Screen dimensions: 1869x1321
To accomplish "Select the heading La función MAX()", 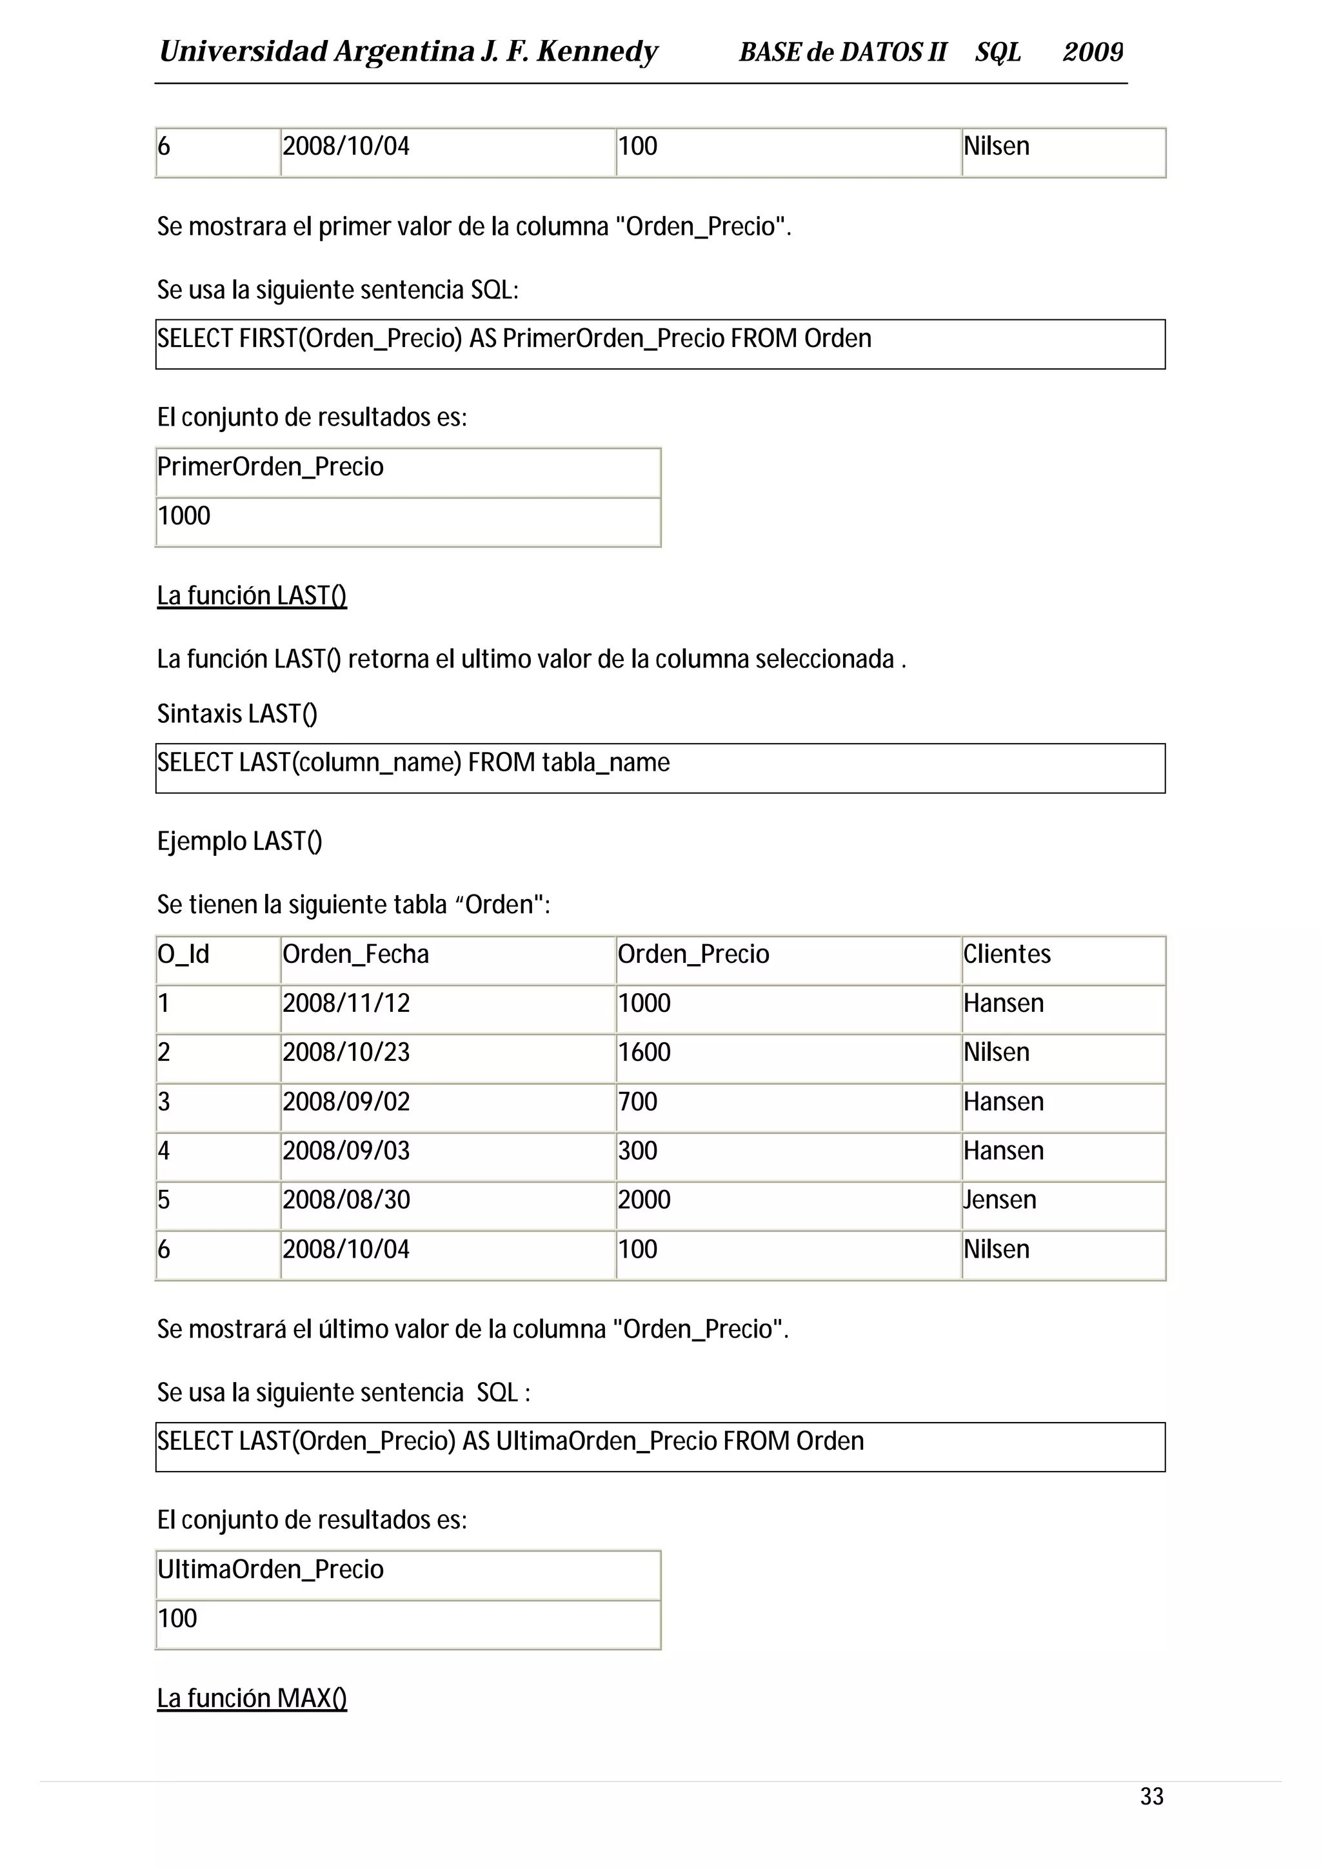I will click(x=252, y=1698).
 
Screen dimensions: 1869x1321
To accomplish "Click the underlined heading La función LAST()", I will click(x=252, y=596).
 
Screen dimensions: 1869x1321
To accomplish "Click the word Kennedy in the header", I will click(x=597, y=52).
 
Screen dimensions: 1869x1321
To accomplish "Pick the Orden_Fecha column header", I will click(x=355, y=954).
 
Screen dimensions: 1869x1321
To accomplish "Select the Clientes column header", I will click(x=1007, y=954).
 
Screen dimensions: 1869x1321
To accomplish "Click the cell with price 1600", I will click(x=644, y=1053).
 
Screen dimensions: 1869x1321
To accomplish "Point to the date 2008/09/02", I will click(x=346, y=1102).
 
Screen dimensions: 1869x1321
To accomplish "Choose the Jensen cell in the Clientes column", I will click(x=1000, y=1200).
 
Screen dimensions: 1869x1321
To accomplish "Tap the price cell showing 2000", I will click(x=644, y=1200).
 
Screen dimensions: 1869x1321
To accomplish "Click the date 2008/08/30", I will click(x=346, y=1200).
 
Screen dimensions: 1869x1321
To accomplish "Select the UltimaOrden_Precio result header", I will click(x=270, y=1570).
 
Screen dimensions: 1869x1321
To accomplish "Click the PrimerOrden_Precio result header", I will click(x=270, y=466).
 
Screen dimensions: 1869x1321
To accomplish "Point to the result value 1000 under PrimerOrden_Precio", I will click(x=184, y=516).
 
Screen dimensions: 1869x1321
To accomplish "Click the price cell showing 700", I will click(x=637, y=1102).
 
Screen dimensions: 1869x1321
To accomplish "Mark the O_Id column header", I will click(x=183, y=954).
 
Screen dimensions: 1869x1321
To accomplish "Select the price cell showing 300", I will click(x=637, y=1151).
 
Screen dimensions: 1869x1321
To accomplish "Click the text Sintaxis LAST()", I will click(x=237, y=714).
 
